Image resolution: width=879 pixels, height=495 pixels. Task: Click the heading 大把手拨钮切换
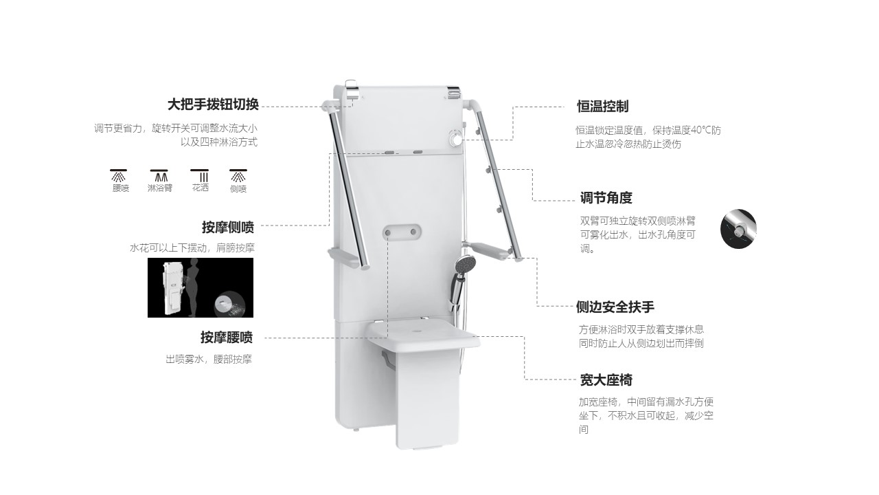pos(213,104)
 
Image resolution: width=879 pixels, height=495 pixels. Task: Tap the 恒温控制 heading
pos(603,107)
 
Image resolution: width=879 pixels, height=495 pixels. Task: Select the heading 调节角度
pos(606,197)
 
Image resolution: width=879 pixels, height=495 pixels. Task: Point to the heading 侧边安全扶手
pos(615,307)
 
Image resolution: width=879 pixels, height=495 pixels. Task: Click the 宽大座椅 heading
pos(606,380)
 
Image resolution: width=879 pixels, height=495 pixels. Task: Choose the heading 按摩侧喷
pos(228,227)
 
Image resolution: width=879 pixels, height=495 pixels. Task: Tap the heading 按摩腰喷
pos(227,337)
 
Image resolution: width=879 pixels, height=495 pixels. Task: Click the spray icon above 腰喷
pos(119,175)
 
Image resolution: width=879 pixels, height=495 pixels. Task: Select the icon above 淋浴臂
pos(159,175)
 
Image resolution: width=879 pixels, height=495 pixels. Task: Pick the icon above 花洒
pos(200,175)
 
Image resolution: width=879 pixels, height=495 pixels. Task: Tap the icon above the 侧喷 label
pos(238,175)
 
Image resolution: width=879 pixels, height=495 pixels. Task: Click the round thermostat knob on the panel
pos(456,139)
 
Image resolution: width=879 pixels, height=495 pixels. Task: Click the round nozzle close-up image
pos(738,229)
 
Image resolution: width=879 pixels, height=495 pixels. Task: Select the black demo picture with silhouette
pos(201,287)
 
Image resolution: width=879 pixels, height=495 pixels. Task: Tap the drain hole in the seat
pos(417,330)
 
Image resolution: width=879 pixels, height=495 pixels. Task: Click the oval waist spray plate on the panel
pos(402,232)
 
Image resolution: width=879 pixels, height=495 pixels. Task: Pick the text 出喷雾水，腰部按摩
pos(209,359)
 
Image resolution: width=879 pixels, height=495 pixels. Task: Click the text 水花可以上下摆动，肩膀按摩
pos(192,248)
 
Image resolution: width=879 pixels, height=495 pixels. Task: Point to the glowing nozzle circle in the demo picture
pos(229,305)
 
